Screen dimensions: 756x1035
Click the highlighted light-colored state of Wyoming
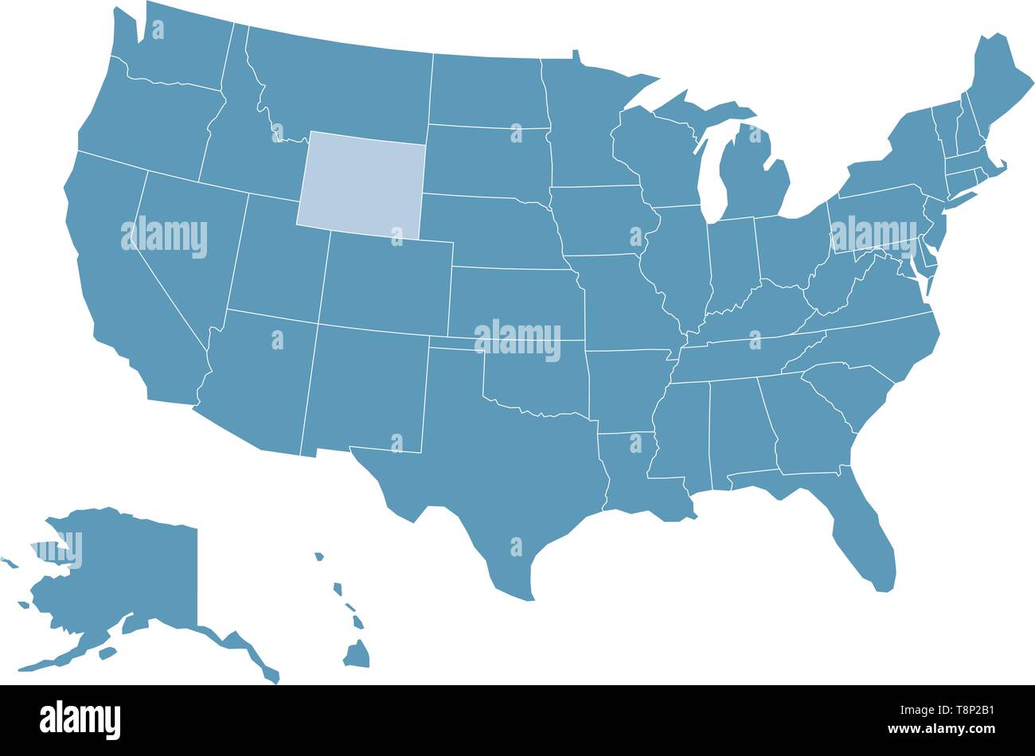pos(362,183)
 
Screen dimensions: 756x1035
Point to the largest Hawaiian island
pos(357,654)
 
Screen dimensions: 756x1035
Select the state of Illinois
pos(677,263)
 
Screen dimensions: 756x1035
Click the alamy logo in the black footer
pos(80,720)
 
